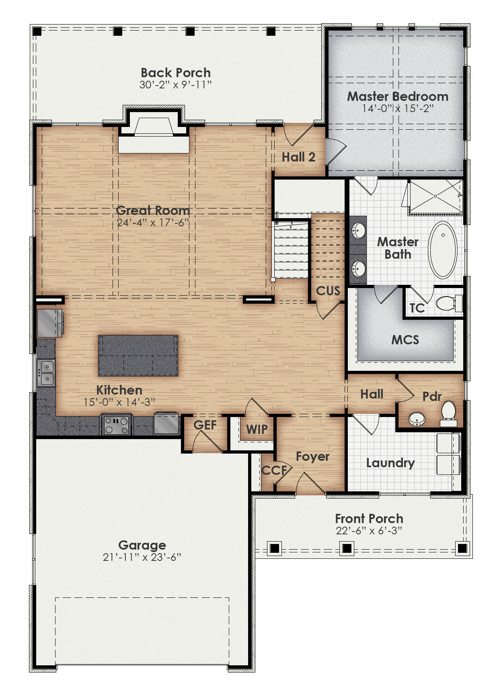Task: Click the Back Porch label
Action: click(x=176, y=73)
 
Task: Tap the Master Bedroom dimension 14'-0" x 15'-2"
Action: click(x=397, y=108)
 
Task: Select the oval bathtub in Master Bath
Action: click(x=442, y=249)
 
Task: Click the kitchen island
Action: click(x=138, y=355)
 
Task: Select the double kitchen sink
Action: click(x=46, y=373)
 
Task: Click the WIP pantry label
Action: click(x=257, y=429)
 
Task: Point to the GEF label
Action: click(x=205, y=425)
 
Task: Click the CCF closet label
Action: click(x=274, y=470)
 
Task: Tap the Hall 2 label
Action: click(x=298, y=157)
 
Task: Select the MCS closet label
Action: click(x=405, y=340)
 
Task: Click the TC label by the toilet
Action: click(x=417, y=308)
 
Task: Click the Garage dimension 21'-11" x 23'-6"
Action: click(x=142, y=557)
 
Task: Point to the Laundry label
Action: click(x=390, y=463)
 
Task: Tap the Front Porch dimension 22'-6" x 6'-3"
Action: click(x=369, y=531)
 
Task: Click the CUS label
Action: click(x=328, y=291)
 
